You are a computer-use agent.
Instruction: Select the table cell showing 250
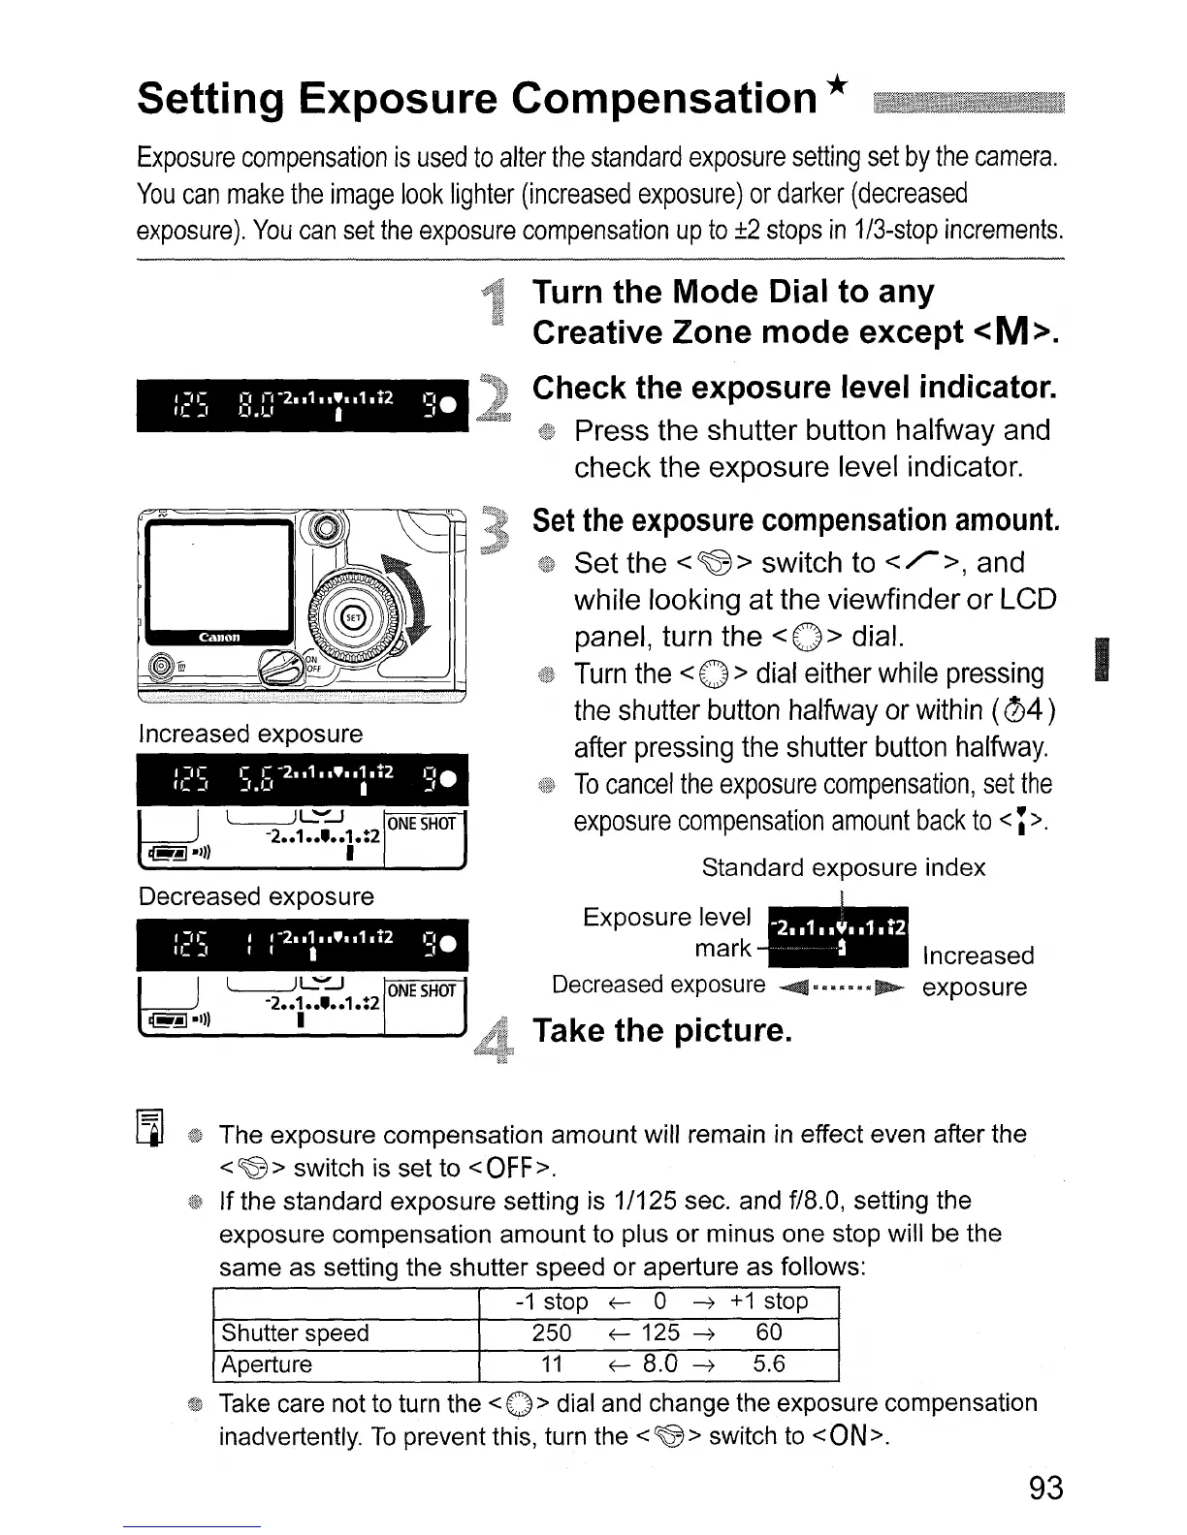click(552, 1332)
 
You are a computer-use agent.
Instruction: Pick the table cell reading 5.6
click(769, 1364)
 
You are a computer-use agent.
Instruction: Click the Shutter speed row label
click(296, 1332)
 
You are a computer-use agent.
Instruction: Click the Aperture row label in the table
click(268, 1364)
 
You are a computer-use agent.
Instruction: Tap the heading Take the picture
click(662, 1030)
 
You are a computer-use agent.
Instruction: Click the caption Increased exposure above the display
click(250, 734)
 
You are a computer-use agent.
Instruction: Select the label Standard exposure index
click(843, 867)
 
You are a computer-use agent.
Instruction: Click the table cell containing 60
click(769, 1332)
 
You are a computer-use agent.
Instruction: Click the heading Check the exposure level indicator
click(793, 388)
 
